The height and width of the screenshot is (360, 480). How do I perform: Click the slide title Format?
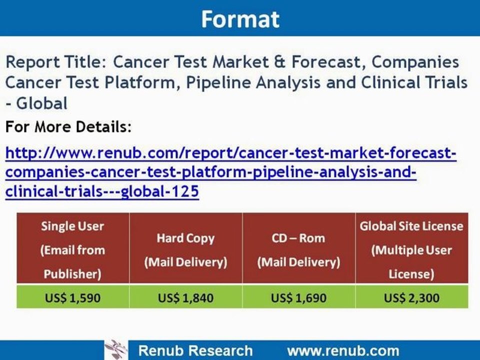pyautogui.click(x=240, y=19)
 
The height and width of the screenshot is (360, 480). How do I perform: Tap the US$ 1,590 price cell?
pyautogui.click(x=73, y=298)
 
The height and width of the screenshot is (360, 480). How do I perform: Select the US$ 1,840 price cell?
pyautogui.click(x=186, y=298)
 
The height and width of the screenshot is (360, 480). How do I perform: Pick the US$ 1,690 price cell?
pyautogui.click(x=299, y=298)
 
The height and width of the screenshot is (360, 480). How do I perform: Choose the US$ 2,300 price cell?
pyautogui.click(x=412, y=298)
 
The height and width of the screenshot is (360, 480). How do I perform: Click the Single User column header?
pyautogui.click(x=73, y=249)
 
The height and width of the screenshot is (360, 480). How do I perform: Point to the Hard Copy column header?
pyautogui.click(x=186, y=249)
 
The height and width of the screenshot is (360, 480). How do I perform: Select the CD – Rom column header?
pyautogui.click(x=299, y=249)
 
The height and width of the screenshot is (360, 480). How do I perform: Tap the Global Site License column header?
pyautogui.click(x=412, y=249)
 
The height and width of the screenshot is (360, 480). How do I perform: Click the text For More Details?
pyautogui.click(x=68, y=127)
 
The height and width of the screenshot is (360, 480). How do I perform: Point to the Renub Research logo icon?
pyautogui.click(x=116, y=349)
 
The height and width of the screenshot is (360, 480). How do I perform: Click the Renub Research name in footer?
pyautogui.click(x=195, y=350)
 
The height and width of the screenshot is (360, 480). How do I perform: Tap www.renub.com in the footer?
pyautogui.click(x=343, y=350)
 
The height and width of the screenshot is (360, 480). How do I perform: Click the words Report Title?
pyautogui.click(x=56, y=62)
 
